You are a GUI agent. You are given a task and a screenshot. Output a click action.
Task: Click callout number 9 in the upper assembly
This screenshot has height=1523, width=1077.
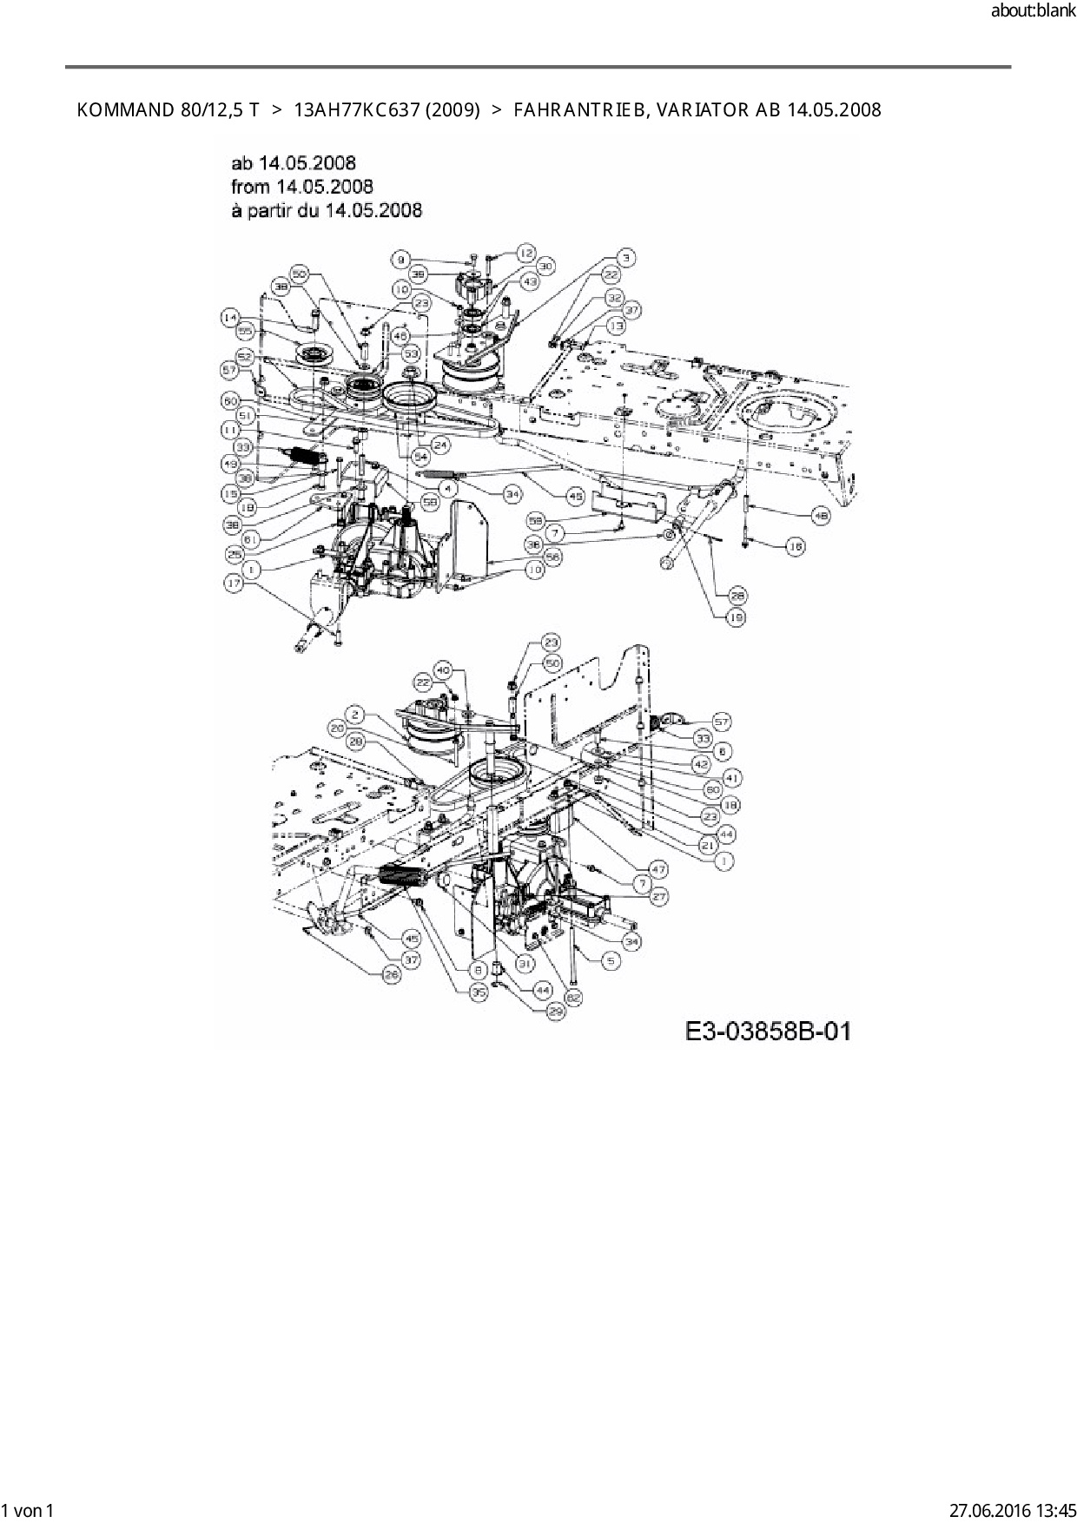(x=400, y=259)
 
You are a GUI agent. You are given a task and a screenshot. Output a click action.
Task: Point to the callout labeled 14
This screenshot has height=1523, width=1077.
(x=229, y=319)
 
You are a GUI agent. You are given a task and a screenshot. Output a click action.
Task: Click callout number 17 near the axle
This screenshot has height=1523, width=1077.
(x=234, y=585)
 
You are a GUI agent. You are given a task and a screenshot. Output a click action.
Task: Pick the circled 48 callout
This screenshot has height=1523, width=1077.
(x=820, y=515)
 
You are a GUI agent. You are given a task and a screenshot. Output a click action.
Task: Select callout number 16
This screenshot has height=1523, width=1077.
(x=795, y=546)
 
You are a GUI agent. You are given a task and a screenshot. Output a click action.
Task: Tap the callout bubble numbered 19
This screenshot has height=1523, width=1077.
(x=737, y=617)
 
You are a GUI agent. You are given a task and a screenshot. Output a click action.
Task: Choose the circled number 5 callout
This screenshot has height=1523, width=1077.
(x=611, y=961)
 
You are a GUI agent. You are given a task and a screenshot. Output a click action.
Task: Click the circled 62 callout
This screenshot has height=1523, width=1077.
(x=574, y=998)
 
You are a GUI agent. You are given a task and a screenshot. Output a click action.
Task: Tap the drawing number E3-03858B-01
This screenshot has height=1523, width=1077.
(x=768, y=1032)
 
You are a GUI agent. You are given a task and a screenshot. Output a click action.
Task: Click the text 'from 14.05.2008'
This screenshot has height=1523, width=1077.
(x=302, y=186)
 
